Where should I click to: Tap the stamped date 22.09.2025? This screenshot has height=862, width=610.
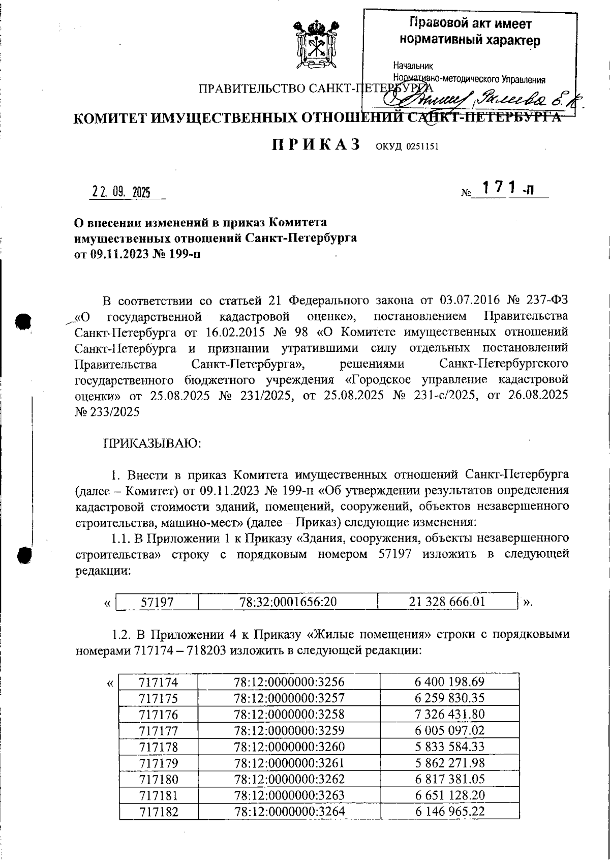[121, 193]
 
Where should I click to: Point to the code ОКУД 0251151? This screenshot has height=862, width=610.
[407, 147]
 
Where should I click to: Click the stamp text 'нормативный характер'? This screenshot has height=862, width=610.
[470, 40]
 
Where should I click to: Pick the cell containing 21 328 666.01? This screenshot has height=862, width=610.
[447, 602]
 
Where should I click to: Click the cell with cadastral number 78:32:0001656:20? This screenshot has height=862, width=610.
[288, 602]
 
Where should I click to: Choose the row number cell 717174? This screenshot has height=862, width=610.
[158, 682]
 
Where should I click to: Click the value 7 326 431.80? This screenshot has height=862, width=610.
[449, 715]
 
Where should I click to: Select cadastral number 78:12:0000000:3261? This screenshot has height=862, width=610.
[289, 763]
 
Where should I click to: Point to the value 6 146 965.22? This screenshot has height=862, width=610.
[449, 811]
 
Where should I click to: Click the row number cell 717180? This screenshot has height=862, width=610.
[158, 779]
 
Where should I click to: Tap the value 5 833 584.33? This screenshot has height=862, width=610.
[449, 747]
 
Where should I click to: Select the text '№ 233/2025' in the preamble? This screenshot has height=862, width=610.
[107, 412]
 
